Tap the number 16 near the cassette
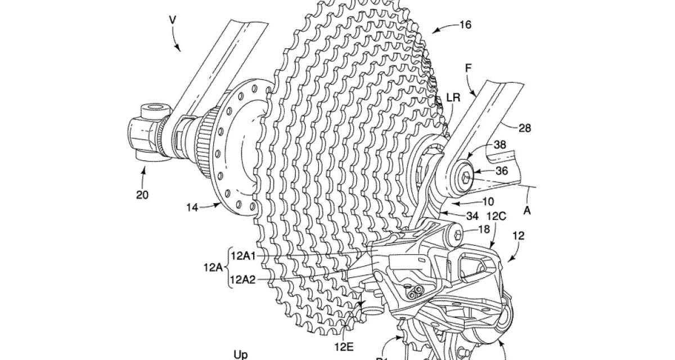465,24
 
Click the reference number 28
524,128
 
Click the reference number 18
484,229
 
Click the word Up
240,354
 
